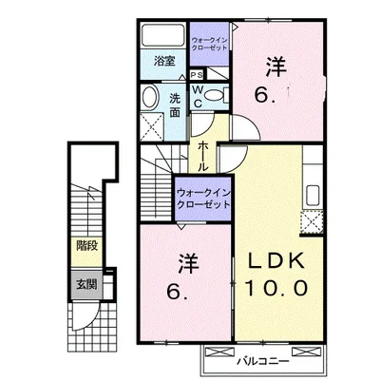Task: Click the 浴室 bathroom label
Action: pos(163,62)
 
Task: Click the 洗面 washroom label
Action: pos(176,104)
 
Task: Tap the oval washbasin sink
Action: pos(151,98)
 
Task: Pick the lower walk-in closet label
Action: pos(202,199)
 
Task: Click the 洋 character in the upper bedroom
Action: pos(275,66)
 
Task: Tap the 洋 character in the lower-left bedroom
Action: pos(183,260)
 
